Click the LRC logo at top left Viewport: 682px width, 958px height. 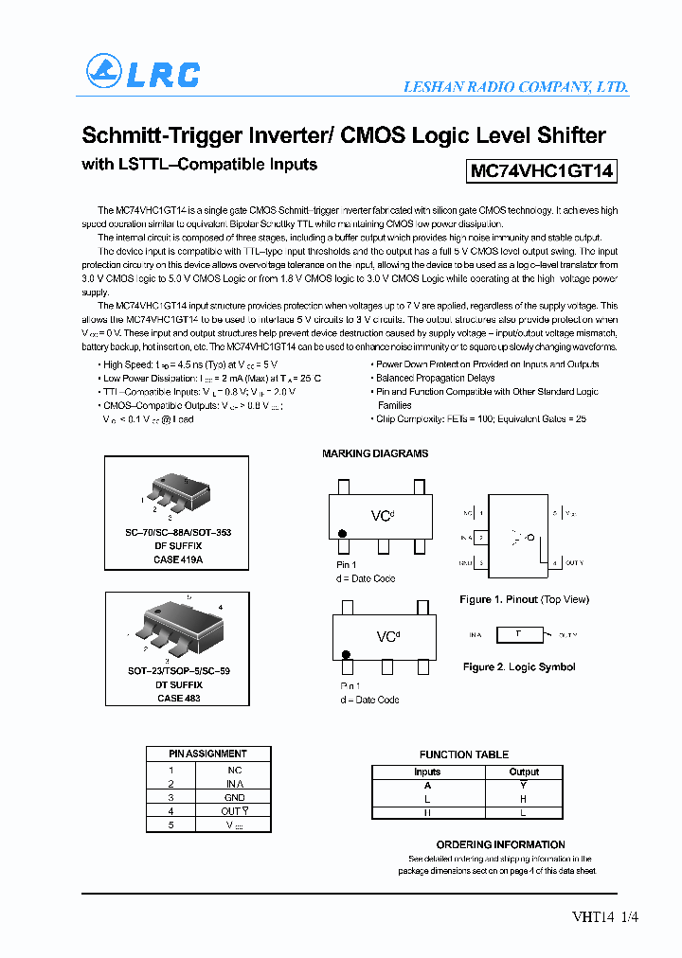tap(143, 73)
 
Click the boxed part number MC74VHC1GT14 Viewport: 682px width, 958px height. tap(542, 170)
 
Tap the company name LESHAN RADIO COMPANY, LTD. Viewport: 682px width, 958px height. tap(515, 86)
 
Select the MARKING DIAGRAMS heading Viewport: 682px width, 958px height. tap(375, 453)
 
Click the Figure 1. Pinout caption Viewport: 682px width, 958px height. tap(524, 599)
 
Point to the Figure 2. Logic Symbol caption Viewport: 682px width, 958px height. tap(519, 666)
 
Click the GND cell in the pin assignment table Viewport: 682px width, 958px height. tap(234, 797)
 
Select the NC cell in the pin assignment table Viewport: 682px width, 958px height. tap(234, 770)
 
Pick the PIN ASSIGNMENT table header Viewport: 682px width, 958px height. tap(207, 754)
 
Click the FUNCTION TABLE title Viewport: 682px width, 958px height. tap(464, 754)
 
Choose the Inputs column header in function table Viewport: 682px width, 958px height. tap(427, 772)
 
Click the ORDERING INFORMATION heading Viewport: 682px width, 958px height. tap(500, 844)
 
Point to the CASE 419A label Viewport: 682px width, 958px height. tap(179, 559)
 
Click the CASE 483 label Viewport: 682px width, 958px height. tap(178, 698)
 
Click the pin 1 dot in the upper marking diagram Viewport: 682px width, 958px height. tap(343, 546)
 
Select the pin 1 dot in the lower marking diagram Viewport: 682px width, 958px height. tap(347, 654)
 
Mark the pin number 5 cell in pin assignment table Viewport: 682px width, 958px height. tap(170, 825)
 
